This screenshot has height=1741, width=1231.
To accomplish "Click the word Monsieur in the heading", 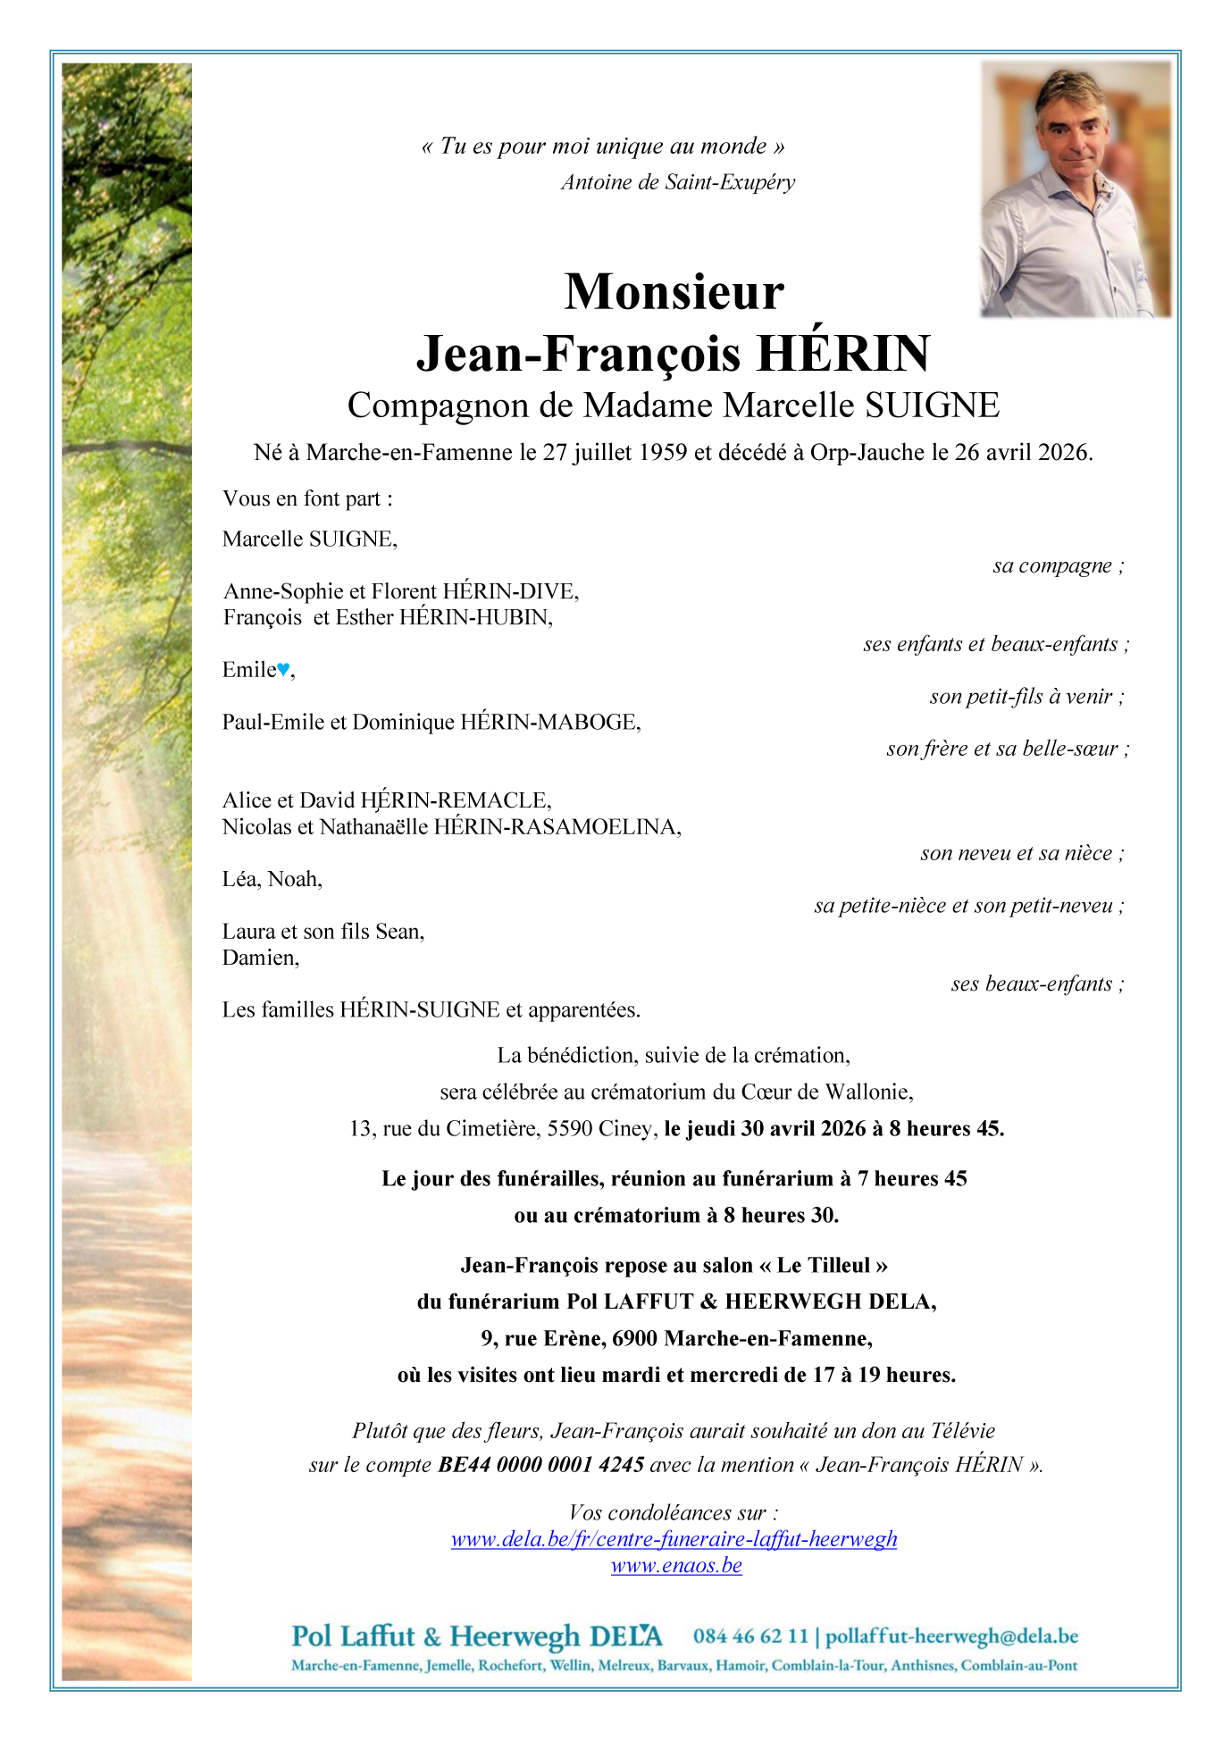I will pyautogui.click(x=674, y=292).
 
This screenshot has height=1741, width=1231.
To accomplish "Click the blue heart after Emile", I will pyautogui.click(x=283, y=669).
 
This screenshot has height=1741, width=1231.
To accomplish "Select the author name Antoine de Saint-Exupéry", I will pyautogui.click(x=678, y=182).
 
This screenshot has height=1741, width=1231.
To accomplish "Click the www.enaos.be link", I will pyautogui.click(x=676, y=1565).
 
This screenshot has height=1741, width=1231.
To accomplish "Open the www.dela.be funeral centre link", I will pyautogui.click(x=674, y=1539).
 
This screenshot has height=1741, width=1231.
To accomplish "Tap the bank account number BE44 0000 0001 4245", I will pyautogui.click(x=540, y=1465).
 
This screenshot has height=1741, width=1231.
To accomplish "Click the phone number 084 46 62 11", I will pyautogui.click(x=749, y=1636).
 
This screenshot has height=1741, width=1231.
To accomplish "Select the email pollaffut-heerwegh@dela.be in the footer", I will pyautogui.click(x=951, y=1636).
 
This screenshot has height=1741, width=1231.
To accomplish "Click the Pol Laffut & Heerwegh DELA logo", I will pyautogui.click(x=477, y=1636).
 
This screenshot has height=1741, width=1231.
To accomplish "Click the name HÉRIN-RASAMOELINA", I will pyautogui.click(x=557, y=827).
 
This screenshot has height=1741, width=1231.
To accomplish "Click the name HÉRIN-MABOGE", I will pyautogui.click(x=549, y=722).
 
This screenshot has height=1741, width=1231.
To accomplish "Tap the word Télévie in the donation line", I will pyautogui.click(x=962, y=1431).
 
